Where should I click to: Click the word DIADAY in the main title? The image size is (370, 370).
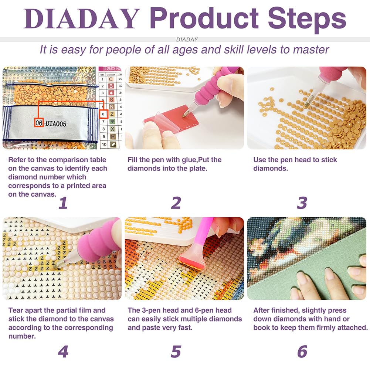point(82,18)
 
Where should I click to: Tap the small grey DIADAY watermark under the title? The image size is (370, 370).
point(187,40)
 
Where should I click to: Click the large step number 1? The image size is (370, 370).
point(63,203)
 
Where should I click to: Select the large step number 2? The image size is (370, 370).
point(176,203)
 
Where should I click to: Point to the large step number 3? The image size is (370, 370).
point(302,203)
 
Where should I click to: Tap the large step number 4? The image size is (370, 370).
point(63,352)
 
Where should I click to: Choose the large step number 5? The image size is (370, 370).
point(176,352)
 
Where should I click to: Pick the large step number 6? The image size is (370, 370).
point(302,352)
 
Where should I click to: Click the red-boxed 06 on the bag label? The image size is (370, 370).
point(39,123)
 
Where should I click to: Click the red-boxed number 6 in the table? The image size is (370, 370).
point(103,114)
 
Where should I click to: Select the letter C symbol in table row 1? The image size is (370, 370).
point(111,79)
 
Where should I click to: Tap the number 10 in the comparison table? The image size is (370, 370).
point(104,144)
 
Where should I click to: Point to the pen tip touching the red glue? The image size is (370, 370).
point(184,116)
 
